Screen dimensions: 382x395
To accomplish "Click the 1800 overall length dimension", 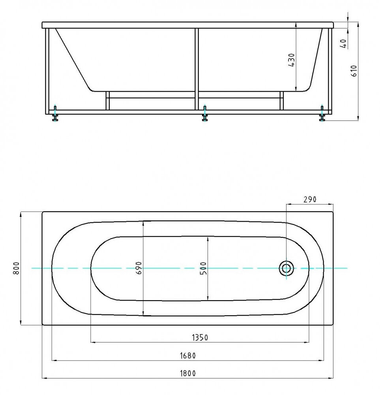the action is point(188,373).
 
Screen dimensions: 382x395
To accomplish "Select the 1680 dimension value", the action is point(188,355).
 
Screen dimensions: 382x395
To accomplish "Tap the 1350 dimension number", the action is point(200,337).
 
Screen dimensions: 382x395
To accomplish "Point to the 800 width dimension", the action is point(16,268).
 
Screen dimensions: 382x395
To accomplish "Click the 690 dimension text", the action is point(139,268).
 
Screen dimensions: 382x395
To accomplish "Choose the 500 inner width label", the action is point(203,268).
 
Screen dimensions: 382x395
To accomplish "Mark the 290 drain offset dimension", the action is point(310,199).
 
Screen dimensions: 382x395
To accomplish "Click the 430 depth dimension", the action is point(291,60).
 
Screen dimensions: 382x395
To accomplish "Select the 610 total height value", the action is point(354,71).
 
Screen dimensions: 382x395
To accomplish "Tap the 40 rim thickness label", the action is point(343,43).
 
